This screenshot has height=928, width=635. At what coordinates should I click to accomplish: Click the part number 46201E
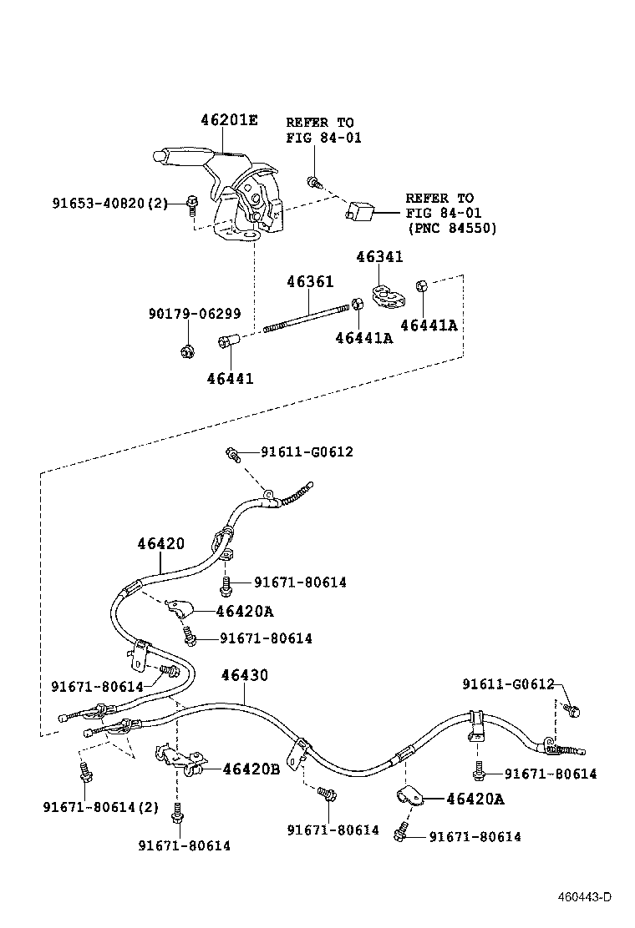228,120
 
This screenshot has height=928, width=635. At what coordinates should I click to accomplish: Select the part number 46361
310,283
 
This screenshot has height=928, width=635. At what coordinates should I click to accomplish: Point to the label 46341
379,257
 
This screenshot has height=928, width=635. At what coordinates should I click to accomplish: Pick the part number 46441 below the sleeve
230,378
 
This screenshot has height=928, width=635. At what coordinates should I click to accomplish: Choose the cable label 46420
160,544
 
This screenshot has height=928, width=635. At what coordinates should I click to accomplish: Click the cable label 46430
244,675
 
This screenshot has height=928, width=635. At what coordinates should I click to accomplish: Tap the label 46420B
251,769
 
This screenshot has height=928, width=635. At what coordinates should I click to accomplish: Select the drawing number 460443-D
586,897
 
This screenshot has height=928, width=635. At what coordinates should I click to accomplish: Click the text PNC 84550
451,228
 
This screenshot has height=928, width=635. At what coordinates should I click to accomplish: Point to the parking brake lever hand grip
180,155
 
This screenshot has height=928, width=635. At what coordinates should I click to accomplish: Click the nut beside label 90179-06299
187,351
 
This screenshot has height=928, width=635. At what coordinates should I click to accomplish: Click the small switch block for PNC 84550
359,213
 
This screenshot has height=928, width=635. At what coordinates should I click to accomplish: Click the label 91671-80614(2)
100,806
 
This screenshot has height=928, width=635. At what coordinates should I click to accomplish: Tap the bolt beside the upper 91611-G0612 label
233,455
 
